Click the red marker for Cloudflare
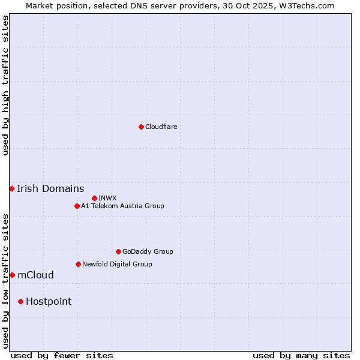pos(141,127)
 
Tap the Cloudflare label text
pos(161,127)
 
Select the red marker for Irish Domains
pos(12,189)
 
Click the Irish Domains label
pos(50,189)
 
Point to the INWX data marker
pos(95,198)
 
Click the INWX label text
pos(107,198)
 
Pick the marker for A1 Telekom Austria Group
pos(77,206)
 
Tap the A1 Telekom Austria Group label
pos(122,206)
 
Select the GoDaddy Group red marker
pos(118,251)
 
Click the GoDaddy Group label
pos(148,251)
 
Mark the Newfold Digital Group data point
pos(78,264)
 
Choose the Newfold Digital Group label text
pos(117,264)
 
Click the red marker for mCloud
pos(12,275)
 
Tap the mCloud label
pos(35,275)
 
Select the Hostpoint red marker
pos(20,301)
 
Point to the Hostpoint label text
pos(49,302)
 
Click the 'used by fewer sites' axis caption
pos(62,355)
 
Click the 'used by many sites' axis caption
pos(301,355)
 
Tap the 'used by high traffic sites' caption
pos(5,86)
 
